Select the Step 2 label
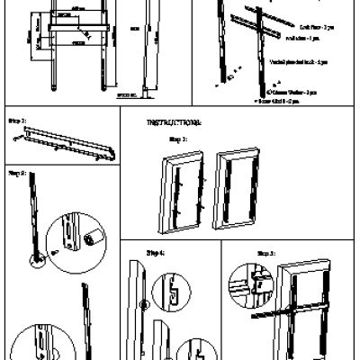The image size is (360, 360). pyautogui.click(x=16, y=170)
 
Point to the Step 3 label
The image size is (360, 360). pyautogui.click(x=177, y=140)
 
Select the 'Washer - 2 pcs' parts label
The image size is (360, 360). pyautogui.click(x=299, y=93)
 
